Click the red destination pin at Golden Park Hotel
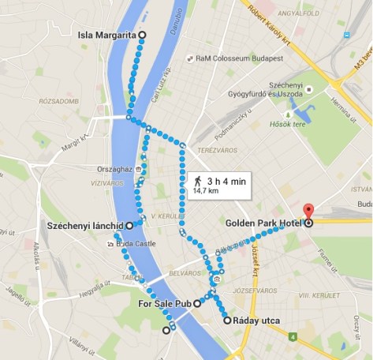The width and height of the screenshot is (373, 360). pos(308,212)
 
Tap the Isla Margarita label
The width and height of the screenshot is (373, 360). pos(107,36)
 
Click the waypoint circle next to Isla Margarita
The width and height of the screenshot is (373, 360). pos(143,35)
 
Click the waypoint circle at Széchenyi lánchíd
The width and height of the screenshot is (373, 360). pos(129,225)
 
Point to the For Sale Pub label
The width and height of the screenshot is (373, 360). pos(165,302)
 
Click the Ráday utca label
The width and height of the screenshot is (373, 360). pos(257,321)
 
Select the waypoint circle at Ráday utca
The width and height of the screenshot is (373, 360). pos(227,321)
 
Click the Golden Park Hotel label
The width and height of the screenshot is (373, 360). pos(263,223)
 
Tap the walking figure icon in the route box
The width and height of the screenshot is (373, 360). pos(197,181)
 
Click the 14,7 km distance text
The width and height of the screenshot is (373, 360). pos(206,191)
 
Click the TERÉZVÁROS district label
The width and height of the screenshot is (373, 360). pos(212,149)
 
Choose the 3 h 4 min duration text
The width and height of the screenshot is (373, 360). pos(226,181)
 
